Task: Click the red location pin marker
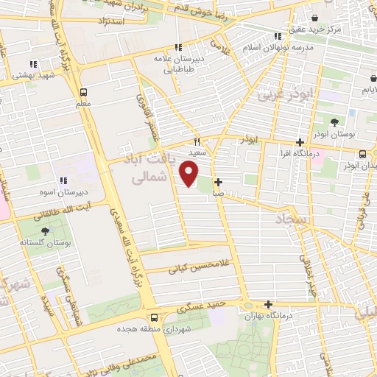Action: tap(189, 173)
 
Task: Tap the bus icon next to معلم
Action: tap(83, 93)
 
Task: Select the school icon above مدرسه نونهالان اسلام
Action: tap(278, 35)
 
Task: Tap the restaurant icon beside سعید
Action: tap(197, 141)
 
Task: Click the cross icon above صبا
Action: tap(218, 181)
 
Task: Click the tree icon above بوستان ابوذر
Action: tap(335, 122)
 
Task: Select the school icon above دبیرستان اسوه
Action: tap(63, 180)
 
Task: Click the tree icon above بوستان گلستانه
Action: tap(46, 231)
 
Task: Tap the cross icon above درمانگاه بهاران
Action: tap(268, 304)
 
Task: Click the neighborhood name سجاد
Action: tap(294, 219)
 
